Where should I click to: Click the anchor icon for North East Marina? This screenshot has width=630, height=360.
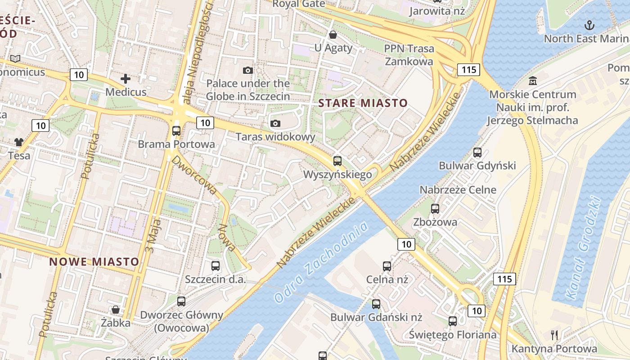coord(589,25)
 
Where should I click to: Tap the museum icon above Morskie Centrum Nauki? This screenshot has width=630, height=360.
coord(533,81)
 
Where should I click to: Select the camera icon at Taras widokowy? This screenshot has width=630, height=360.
coord(275,123)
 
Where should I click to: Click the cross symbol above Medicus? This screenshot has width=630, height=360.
coord(126,79)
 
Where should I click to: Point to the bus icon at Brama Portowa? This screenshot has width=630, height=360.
coord(176,131)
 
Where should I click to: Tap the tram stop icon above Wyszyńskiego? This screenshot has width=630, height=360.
coord(337,161)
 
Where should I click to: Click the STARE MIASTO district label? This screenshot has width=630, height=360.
coord(363,103)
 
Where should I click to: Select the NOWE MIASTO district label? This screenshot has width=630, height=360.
coord(94,261)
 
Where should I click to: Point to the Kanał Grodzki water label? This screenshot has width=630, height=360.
coord(584,250)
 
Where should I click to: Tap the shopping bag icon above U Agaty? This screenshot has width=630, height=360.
coord(333,35)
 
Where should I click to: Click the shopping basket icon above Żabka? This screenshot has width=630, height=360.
coord(116,310)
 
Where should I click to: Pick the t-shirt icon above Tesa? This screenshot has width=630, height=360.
coord(18,142)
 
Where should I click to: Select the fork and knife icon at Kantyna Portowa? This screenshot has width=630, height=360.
coord(554,335)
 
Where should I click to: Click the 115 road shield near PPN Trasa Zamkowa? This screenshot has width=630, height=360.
coord(468,70)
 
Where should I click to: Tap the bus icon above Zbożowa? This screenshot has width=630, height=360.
coord(435,208)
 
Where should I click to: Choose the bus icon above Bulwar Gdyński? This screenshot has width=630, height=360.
coord(477,153)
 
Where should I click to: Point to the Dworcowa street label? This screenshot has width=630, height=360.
coord(194,175)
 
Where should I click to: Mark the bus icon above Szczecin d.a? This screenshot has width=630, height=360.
coord(216,266)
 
